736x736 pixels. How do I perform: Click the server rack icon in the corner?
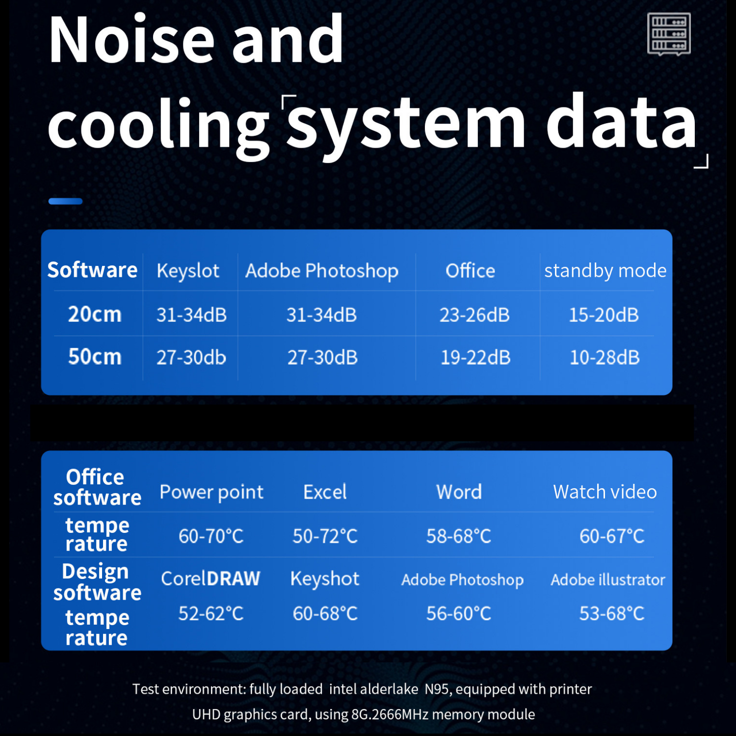click(x=669, y=34)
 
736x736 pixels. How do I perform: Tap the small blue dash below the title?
click(x=65, y=201)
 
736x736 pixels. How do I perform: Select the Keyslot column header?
click(x=188, y=271)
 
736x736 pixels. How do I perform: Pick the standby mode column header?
click(x=605, y=270)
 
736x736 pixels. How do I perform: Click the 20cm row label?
click(x=95, y=314)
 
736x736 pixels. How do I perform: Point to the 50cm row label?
click(x=95, y=357)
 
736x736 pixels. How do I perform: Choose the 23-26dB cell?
click(x=474, y=315)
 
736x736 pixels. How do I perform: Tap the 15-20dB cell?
click(x=604, y=315)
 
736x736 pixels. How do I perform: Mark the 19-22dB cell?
click(x=475, y=358)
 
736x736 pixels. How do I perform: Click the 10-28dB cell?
click(x=605, y=358)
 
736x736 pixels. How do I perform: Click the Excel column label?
click(x=325, y=492)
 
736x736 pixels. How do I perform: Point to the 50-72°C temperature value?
click(x=325, y=536)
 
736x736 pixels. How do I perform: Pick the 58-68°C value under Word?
click(x=459, y=536)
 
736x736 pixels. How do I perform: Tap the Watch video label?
click(x=605, y=492)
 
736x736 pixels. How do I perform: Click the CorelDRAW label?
click(x=210, y=578)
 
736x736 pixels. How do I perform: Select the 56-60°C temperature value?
click(x=459, y=613)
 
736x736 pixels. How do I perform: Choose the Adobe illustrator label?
click(x=608, y=579)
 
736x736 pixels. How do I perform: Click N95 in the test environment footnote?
click(x=438, y=689)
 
